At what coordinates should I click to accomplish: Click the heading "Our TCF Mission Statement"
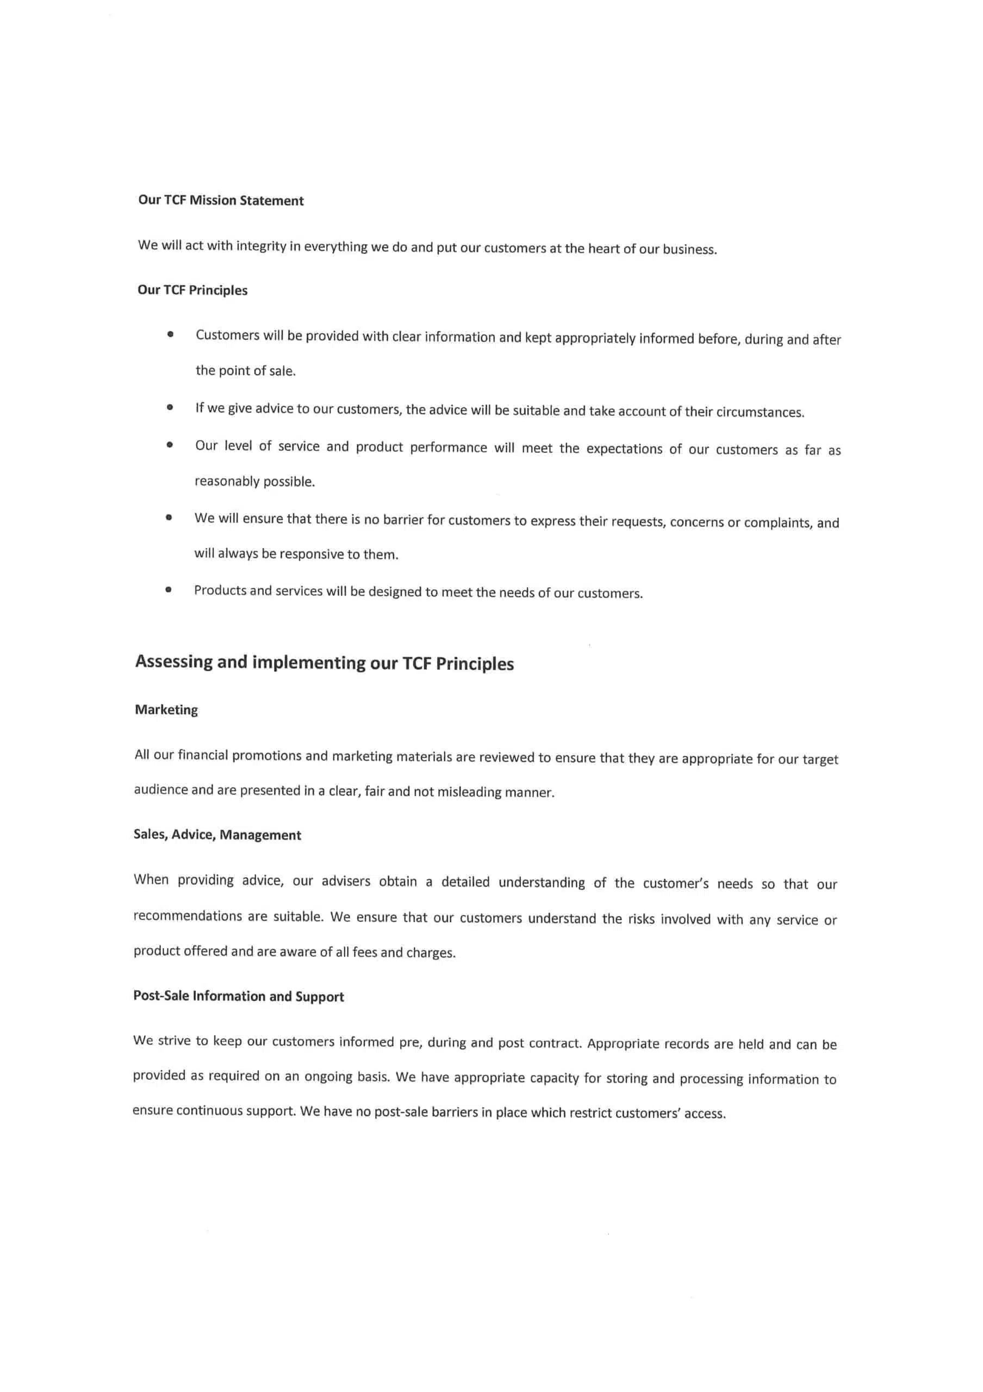(x=221, y=201)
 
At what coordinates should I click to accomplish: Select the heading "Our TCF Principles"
(x=192, y=290)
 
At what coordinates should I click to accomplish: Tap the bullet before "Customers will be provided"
(x=170, y=334)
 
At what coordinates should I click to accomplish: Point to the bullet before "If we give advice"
(x=170, y=407)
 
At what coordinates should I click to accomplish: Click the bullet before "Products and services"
(x=169, y=589)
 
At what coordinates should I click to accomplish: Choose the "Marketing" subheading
(x=166, y=710)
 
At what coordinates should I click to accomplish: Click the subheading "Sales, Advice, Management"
(x=217, y=835)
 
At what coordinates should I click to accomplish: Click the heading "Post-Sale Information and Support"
(x=238, y=997)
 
